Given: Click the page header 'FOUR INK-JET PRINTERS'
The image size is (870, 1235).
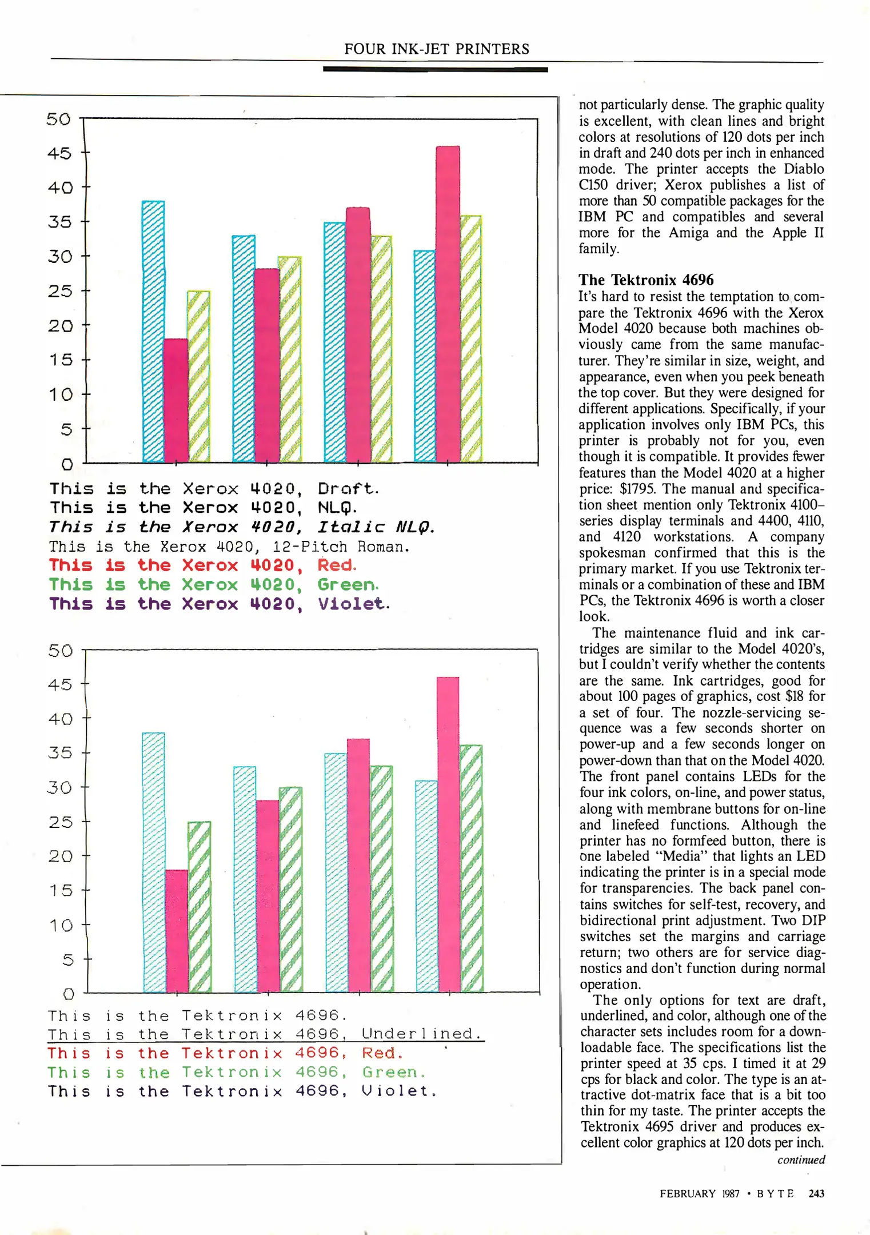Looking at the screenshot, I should coord(436,49).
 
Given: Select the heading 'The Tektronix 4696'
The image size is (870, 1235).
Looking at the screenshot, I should coord(646,280).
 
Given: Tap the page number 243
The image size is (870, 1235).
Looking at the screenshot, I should coord(816,1193).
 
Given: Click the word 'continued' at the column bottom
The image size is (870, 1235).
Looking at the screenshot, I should coord(801,1160).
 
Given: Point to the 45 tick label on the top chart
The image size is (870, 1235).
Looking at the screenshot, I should coord(59,153).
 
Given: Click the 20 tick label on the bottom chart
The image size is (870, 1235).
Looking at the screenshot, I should coord(61,856).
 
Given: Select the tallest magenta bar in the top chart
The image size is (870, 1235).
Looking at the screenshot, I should coord(448,303).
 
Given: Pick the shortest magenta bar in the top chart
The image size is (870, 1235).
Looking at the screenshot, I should coord(176,400).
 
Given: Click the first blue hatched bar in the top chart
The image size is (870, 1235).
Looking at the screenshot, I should coord(153,332).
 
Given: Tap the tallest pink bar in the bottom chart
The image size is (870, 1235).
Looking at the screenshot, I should coord(448,835).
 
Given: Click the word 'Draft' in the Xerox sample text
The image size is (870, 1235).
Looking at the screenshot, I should coord(346,489).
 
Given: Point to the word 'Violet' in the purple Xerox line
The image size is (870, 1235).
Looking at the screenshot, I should coord(352,604).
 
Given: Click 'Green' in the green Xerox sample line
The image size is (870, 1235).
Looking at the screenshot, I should coord(346,584).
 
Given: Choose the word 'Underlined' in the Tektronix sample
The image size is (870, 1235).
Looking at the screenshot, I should coord(422,1034).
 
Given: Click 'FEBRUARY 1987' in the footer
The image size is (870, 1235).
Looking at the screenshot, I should coord(699,1193).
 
